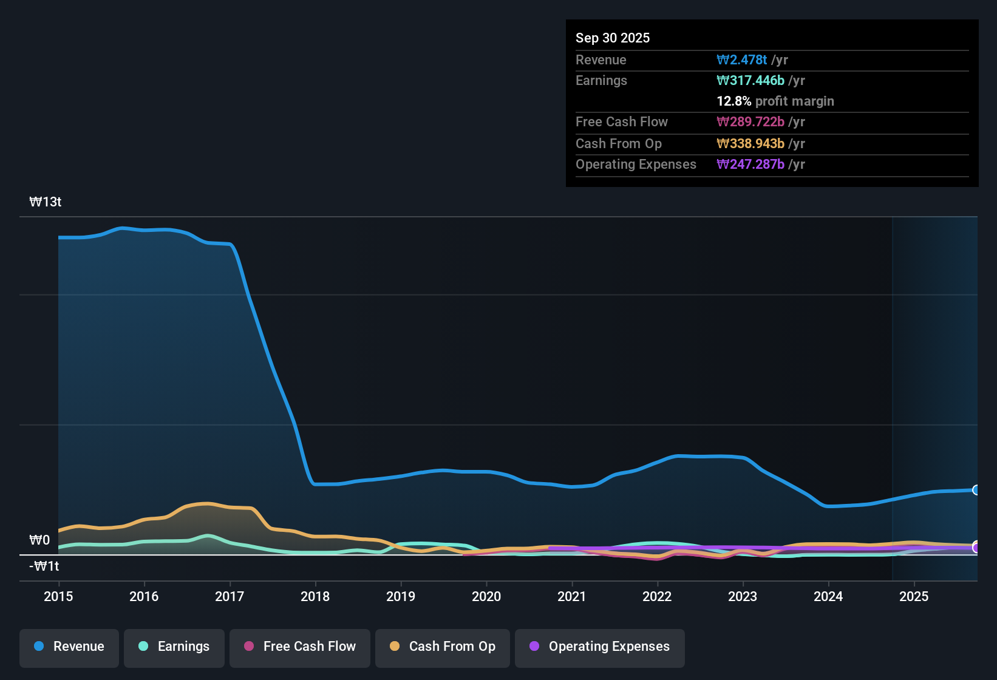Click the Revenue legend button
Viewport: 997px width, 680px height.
point(69,647)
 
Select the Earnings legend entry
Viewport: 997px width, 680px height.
point(174,647)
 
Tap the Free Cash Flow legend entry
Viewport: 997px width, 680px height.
point(300,647)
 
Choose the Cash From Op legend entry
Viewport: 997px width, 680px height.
point(443,647)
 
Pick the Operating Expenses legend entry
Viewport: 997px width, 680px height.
point(600,647)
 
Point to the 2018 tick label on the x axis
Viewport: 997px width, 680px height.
point(315,596)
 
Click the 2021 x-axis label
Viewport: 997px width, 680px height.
point(572,596)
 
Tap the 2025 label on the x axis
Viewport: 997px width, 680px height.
point(914,596)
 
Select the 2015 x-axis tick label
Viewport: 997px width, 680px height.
point(58,596)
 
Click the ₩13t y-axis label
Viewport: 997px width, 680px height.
point(46,202)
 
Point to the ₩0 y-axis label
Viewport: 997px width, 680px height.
point(39,540)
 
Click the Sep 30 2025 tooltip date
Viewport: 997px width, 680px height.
point(613,38)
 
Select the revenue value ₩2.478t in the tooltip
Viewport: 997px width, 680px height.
point(742,59)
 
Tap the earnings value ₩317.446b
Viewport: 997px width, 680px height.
point(750,80)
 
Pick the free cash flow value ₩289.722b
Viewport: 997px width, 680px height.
point(750,121)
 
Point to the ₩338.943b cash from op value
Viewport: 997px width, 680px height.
point(750,143)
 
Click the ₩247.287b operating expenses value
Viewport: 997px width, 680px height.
point(750,164)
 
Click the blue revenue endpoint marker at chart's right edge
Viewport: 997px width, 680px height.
point(976,490)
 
